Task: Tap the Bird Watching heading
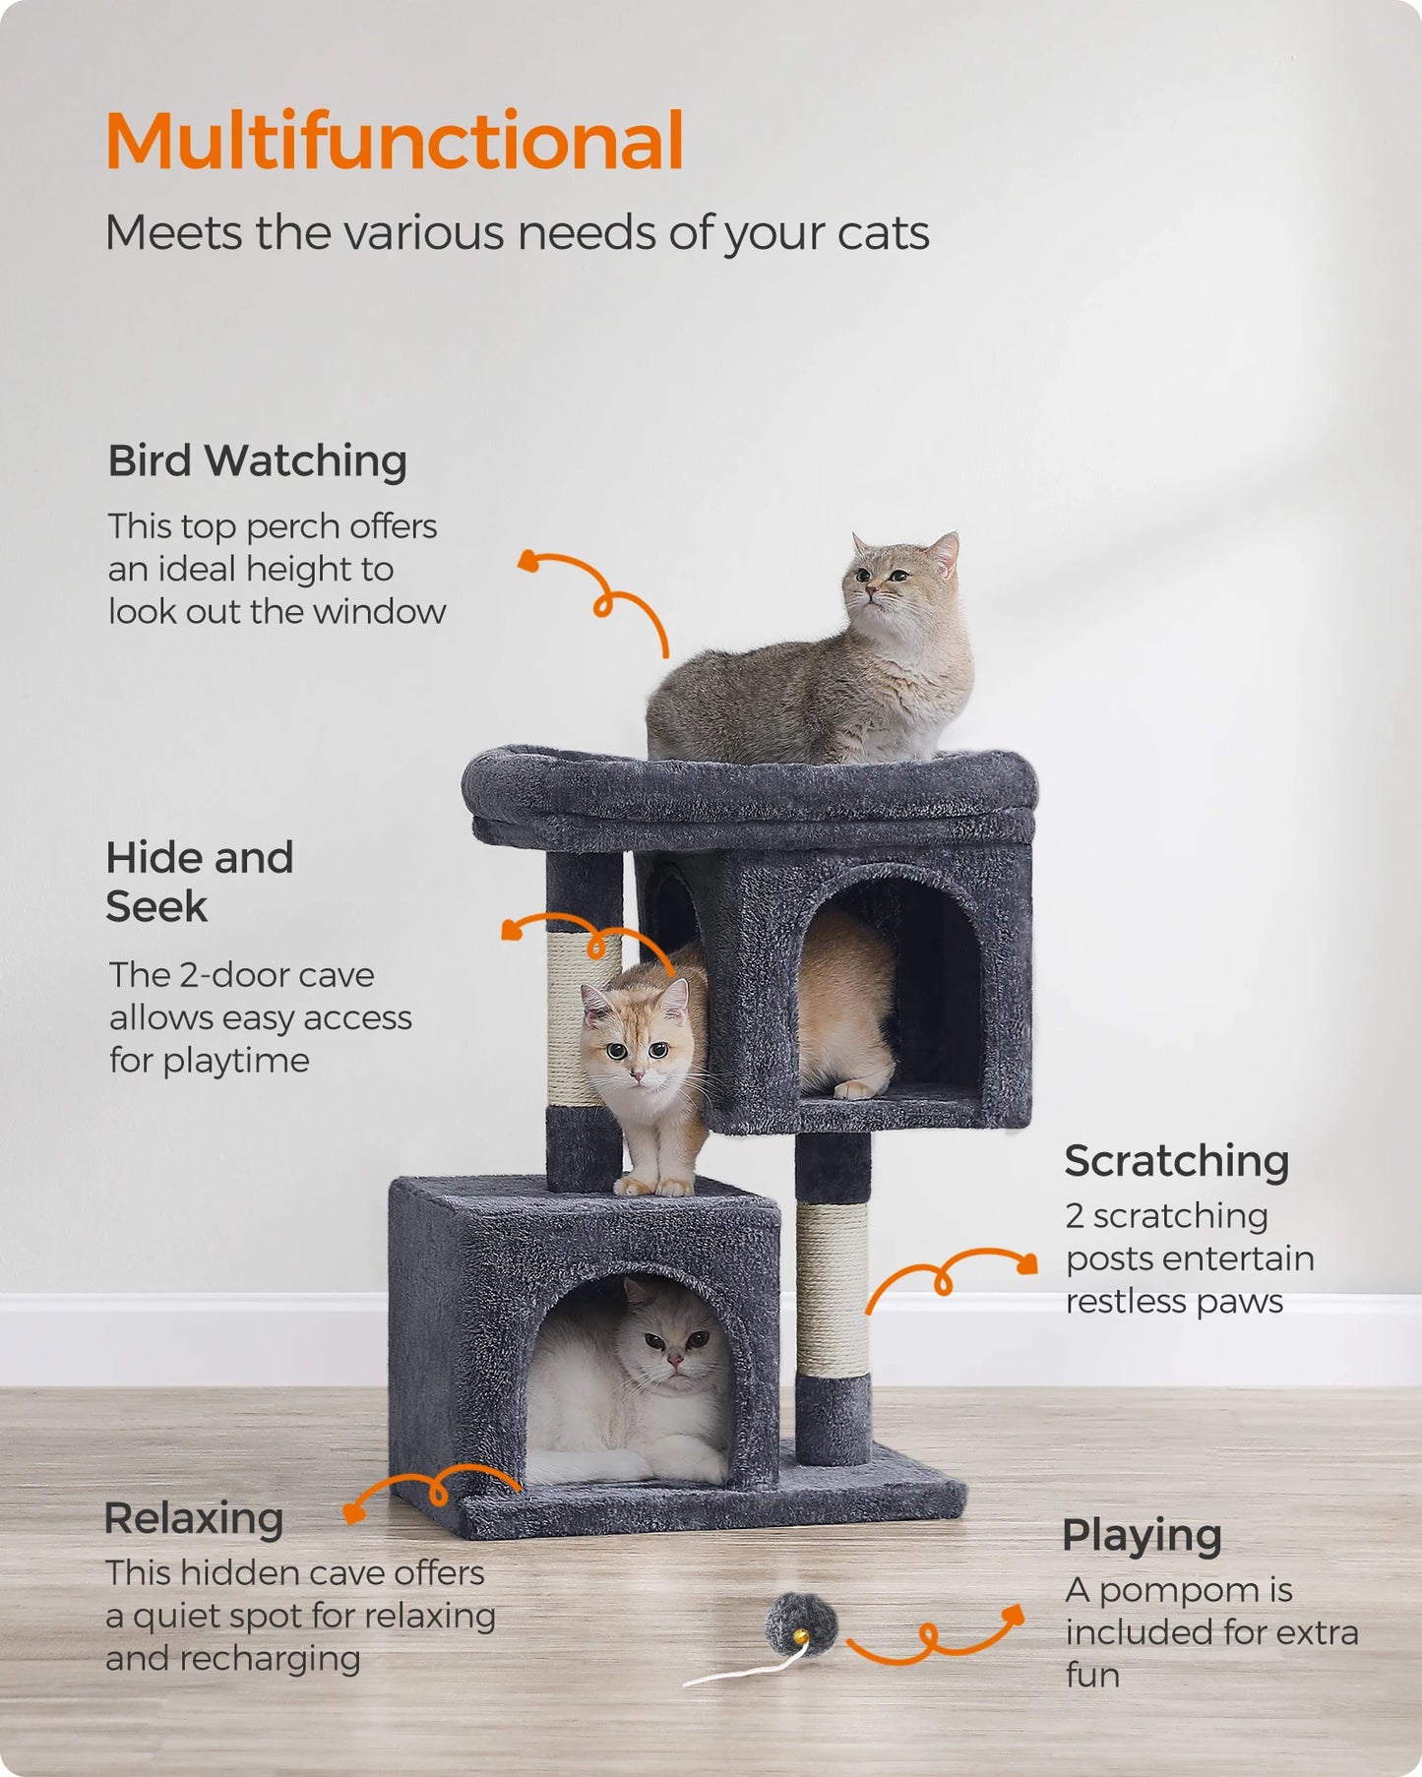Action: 257,460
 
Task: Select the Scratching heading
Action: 1176,1161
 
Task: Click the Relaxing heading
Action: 194,1517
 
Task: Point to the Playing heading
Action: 1142,1535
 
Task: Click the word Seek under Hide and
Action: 156,907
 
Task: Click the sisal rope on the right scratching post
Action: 832,1289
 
